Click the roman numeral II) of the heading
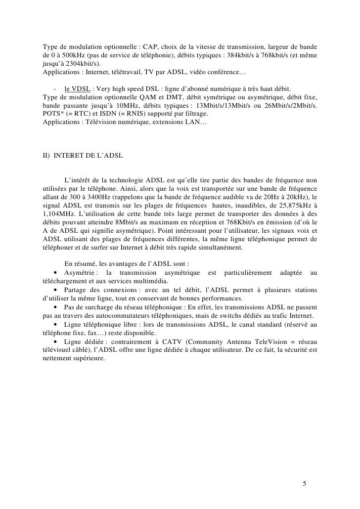pos(47,156)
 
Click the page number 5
pos(305,483)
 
